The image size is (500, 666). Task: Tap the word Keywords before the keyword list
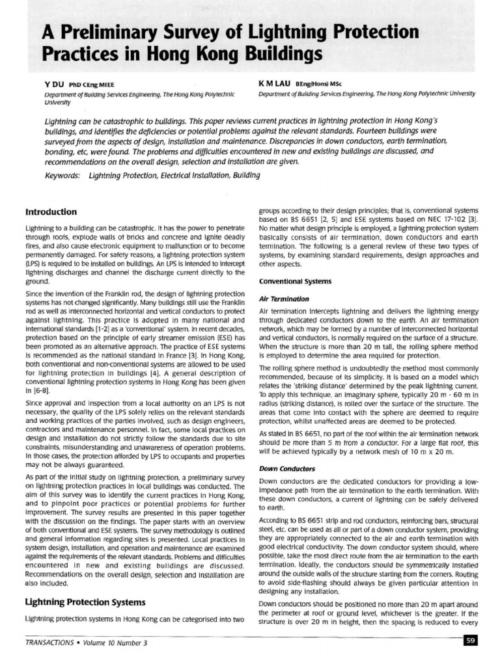coord(62,176)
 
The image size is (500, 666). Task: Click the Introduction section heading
coord(51,211)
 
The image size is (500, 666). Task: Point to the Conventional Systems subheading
coord(286,281)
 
